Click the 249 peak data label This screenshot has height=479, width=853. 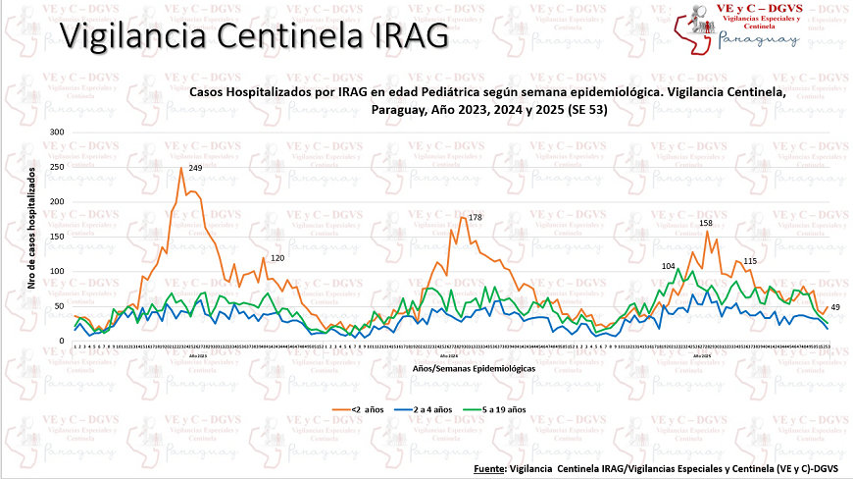coord(195,169)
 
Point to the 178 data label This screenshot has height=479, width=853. coord(476,217)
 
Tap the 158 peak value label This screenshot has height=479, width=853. coord(705,224)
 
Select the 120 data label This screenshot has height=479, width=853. coord(277,258)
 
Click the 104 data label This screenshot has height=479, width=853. coord(669,266)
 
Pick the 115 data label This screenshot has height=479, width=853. coord(750,261)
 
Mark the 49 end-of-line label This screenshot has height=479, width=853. coord(835,308)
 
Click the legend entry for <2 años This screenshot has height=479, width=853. coord(346,408)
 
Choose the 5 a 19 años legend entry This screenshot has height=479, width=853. coord(506,408)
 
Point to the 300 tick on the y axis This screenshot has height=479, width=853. coord(56,133)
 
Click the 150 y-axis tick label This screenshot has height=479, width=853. coord(56,237)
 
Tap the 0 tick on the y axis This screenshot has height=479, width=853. coord(62,341)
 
